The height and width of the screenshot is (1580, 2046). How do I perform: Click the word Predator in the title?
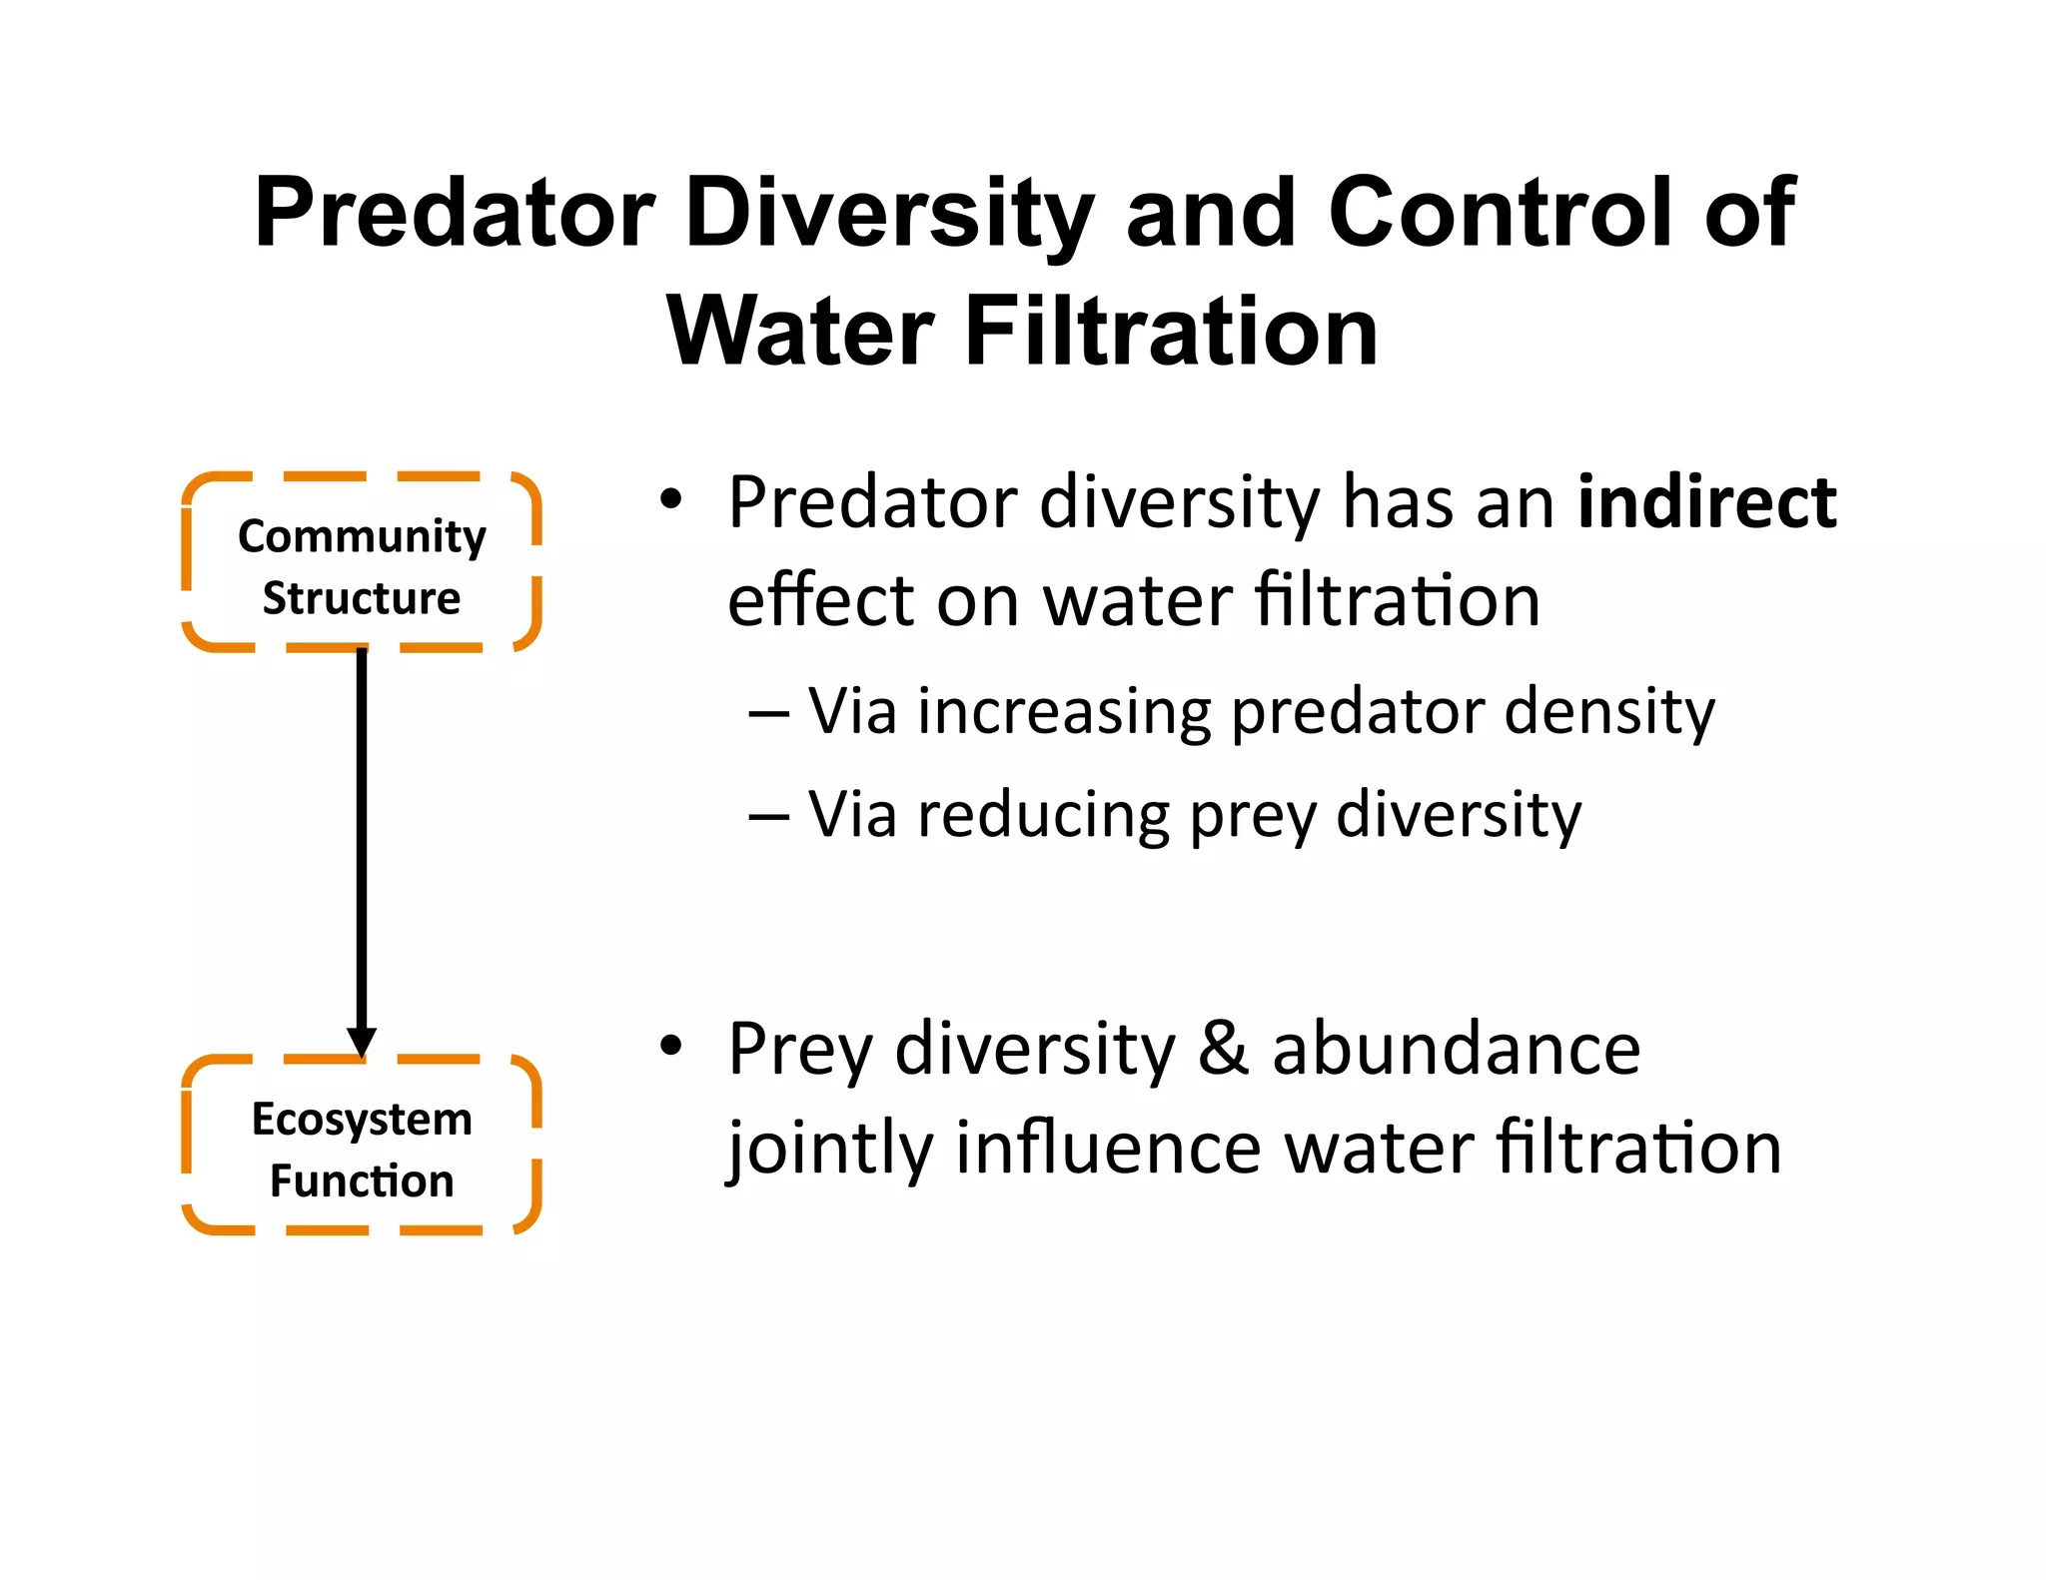point(455,213)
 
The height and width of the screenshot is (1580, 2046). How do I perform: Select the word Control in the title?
point(1500,213)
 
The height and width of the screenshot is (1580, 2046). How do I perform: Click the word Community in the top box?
point(362,537)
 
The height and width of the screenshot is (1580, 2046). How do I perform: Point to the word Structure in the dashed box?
point(362,598)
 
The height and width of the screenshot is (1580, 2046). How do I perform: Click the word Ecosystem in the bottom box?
point(362,1120)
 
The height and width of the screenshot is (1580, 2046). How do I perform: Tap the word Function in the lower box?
point(362,1181)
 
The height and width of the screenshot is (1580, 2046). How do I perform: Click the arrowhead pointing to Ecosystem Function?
point(362,1042)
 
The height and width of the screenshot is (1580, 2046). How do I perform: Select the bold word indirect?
point(1706,502)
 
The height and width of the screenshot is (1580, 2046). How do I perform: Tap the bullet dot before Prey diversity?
point(671,1045)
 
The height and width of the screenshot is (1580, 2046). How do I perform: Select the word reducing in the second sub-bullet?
point(1043,817)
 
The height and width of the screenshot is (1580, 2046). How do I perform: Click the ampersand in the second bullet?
point(1224,1049)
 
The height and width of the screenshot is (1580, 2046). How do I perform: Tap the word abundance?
point(1456,1049)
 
